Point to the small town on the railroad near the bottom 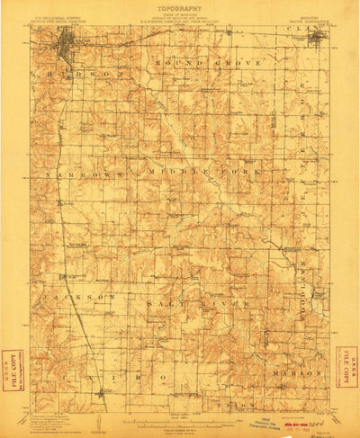click(105, 392)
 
